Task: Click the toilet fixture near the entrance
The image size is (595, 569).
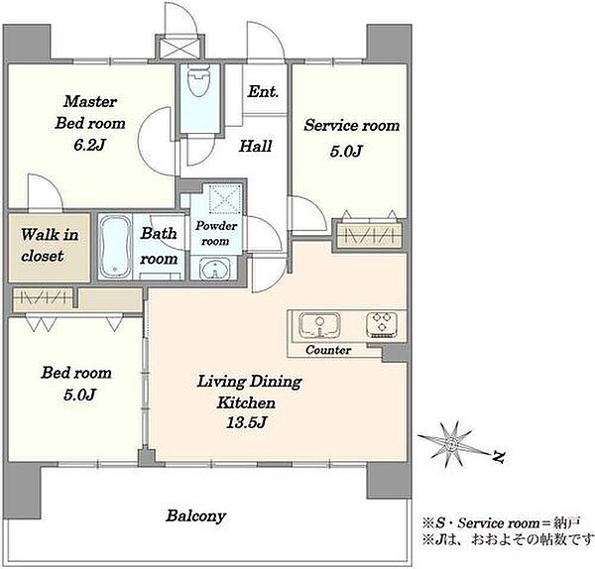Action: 199,81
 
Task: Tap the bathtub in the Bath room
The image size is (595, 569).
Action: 115,247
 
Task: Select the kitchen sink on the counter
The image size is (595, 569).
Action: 319,325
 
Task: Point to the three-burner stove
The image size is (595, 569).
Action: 382,325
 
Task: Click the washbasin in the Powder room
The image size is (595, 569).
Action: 215,269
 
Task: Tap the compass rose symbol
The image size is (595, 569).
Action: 452,444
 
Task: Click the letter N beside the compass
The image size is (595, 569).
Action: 499,457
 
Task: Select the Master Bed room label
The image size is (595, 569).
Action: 90,112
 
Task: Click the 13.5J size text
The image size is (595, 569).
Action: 247,422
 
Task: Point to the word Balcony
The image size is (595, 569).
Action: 195,515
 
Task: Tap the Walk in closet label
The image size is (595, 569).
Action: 50,245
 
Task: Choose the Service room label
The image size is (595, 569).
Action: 352,125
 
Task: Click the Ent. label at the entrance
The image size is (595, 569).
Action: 263,91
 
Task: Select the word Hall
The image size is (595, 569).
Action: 256,146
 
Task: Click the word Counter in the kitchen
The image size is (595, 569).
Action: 328,350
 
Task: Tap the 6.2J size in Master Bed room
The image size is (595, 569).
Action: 89,145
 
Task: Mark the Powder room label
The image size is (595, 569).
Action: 216,233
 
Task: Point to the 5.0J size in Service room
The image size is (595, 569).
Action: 346,152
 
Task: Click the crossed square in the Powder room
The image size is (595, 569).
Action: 225,198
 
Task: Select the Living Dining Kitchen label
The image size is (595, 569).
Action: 249,392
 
